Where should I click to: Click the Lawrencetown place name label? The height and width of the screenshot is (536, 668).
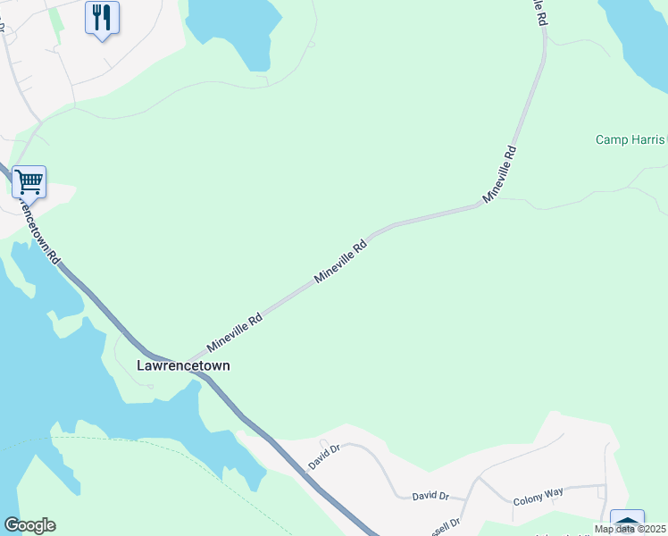pos(182,365)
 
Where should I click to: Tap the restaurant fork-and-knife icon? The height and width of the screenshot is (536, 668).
pos(102,16)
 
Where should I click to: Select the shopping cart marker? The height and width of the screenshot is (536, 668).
pos(29,181)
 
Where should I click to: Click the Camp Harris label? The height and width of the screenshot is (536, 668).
pos(630,140)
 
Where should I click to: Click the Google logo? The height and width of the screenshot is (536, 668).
pos(29,525)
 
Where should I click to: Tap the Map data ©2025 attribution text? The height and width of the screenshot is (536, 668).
pos(630,529)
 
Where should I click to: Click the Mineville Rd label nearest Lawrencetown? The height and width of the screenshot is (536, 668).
pos(234,331)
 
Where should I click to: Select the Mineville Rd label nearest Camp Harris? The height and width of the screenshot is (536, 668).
pos(500,173)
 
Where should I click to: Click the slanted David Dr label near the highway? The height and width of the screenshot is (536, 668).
pos(325,458)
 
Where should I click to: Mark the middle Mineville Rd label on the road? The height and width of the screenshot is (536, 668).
pos(340,262)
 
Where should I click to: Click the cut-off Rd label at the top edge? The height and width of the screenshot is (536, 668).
pos(539,11)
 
